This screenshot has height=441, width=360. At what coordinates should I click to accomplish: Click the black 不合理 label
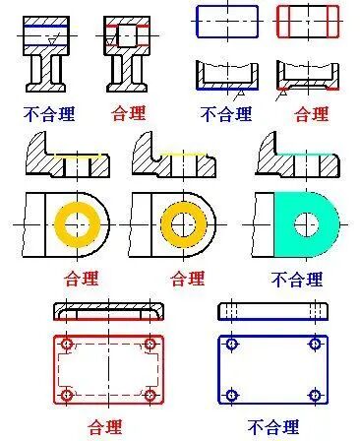tap(225, 113)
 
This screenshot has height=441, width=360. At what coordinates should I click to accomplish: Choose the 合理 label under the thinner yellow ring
tap(187, 279)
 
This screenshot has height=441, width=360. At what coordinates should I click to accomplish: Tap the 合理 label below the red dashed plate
tap(107, 426)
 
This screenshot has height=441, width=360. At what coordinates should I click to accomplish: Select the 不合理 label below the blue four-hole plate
tap(272, 426)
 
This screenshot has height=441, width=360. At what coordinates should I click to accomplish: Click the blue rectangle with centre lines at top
tap(228, 20)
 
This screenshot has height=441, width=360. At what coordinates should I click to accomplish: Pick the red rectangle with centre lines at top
tap(308, 20)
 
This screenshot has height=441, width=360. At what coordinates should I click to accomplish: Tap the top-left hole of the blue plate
tap(232, 345)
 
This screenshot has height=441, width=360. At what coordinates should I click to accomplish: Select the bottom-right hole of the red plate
tap(150, 395)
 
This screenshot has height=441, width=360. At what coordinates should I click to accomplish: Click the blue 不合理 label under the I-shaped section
tap(48, 113)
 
